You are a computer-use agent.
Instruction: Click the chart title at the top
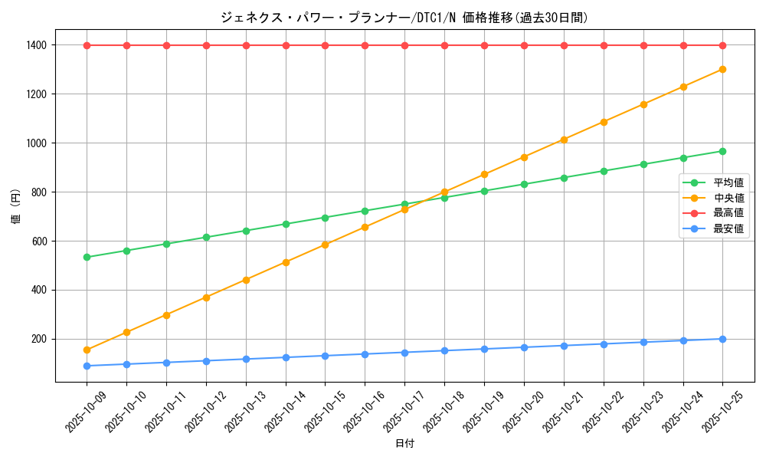pos(404,18)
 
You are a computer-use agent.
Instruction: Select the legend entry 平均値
pos(728,182)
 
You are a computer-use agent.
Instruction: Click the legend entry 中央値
pos(728,198)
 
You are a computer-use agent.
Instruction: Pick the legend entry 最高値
pos(728,213)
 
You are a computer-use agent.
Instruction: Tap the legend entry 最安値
pos(728,228)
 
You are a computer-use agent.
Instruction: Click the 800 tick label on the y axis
pos(38,192)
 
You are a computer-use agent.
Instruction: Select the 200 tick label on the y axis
pos(38,339)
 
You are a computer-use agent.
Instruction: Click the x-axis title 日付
pos(404,444)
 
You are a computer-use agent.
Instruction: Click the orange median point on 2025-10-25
pos(722,69)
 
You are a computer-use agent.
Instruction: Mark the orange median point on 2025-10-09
pos(87,350)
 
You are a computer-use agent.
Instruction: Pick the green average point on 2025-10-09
pos(87,257)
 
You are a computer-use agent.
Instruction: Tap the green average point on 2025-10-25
pos(722,151)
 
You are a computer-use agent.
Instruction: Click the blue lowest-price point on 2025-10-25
pos(722,339)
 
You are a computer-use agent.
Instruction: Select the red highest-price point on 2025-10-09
pos(87,45)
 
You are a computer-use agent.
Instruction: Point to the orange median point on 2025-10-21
pos(564,140)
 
